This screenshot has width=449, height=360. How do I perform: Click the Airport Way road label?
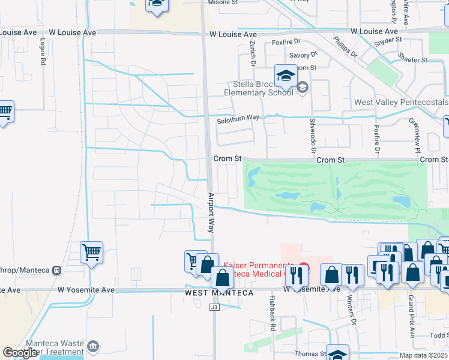(x=211, y=212)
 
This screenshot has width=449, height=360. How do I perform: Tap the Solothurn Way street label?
(x=238, y=118)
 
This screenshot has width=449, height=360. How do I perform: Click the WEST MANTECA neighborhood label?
(x=219, y=293)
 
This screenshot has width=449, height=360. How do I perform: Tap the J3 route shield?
(x=214, y=307)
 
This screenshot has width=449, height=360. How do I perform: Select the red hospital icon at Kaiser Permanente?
(x=304, y=268)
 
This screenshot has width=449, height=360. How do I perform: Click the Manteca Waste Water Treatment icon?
(x=93, y=346)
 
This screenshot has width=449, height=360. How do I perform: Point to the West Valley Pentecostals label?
(x=401, y=103)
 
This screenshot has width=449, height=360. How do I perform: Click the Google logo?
(x=20, y=353)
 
